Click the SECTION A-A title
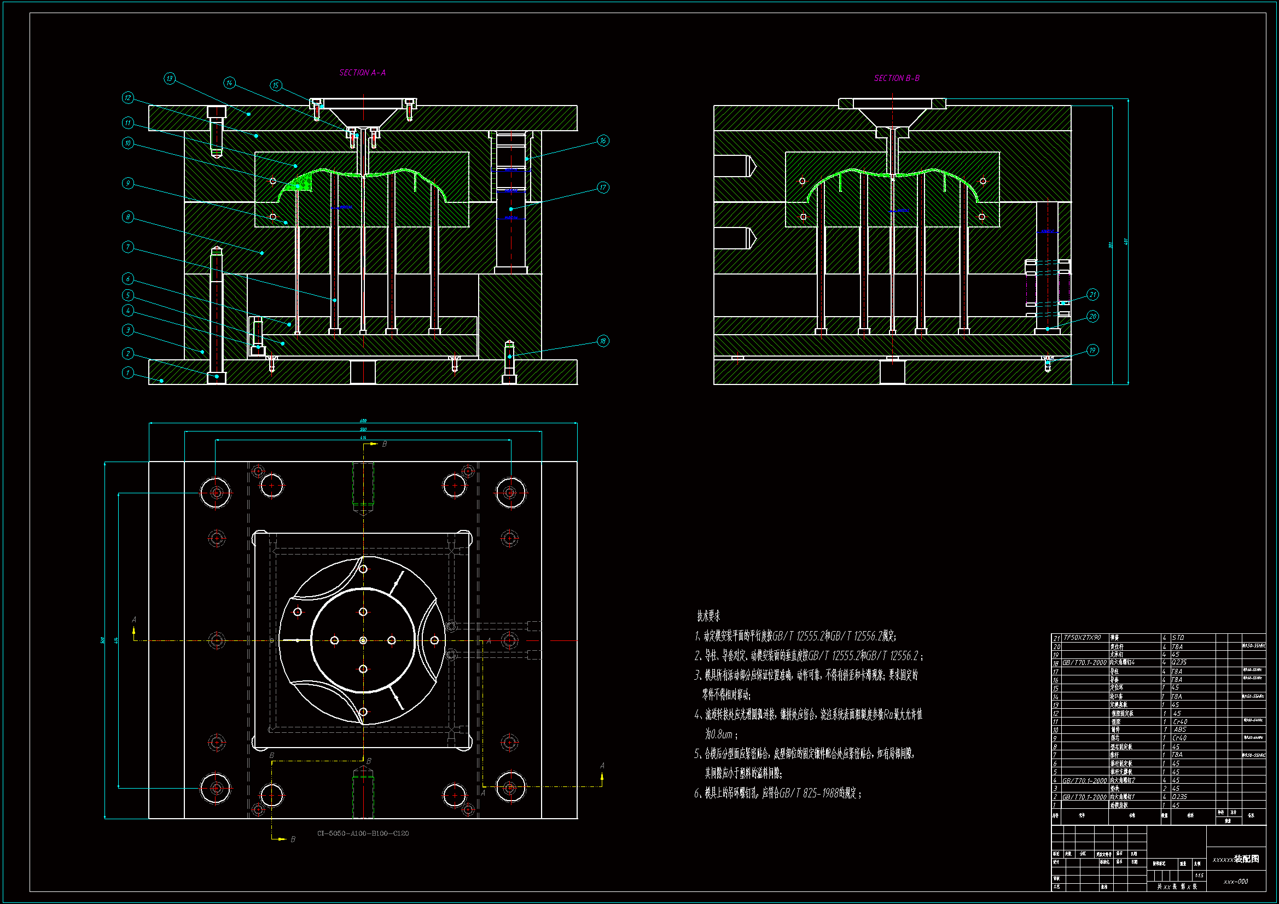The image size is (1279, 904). (362, 72)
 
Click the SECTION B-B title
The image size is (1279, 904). (896, 78)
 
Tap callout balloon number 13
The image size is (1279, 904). (170, 79)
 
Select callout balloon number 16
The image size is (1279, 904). (603, 141)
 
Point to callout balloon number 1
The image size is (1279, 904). (127, 372)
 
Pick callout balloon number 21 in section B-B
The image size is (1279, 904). (1092, 294)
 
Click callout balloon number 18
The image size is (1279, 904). (603, 340)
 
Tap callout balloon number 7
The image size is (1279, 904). (127, 246)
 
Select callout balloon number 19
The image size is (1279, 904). (1092, 350)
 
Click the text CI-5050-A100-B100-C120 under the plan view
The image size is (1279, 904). (363, 833)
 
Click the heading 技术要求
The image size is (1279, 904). (708, 616)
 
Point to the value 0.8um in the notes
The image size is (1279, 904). (719, 734)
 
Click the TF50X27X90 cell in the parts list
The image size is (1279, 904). (1082, 638)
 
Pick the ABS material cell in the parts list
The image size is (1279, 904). (1180, 729)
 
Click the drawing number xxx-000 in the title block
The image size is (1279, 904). (1236, 882)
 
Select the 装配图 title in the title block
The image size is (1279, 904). (1246, 859)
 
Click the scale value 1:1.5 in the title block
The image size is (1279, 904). (1199, 876)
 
